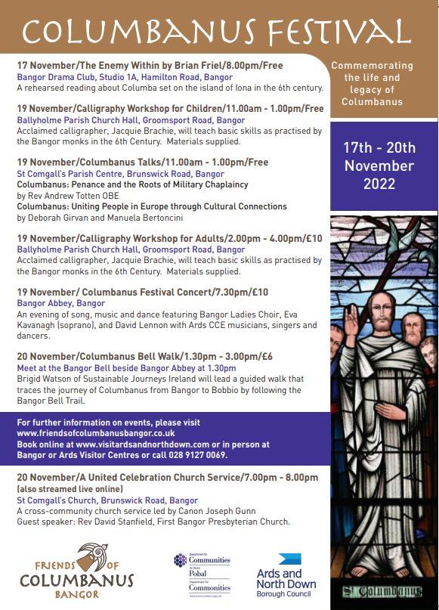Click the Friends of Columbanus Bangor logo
(x=76, y=571)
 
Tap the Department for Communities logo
(x=202, y=574)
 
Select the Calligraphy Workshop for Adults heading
(x=169, y=239)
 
